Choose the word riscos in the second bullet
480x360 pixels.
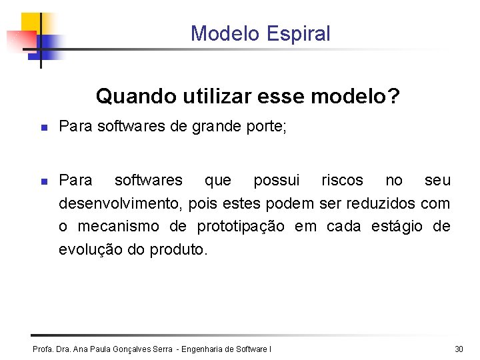click(x=343, y=180)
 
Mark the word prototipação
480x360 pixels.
click(x=241, y=227)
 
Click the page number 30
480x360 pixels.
click(x=459, y=349)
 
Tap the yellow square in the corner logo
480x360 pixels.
click(x=30, y=23)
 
